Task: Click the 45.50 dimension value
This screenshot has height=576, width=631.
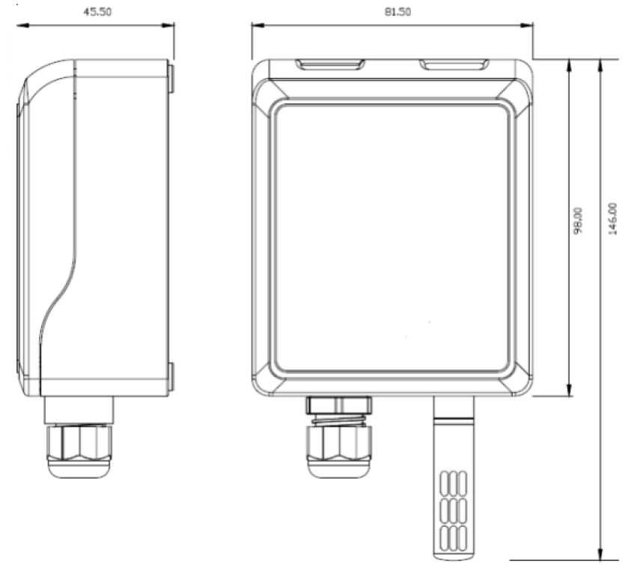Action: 97,12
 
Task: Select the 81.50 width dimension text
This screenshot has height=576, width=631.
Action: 397,12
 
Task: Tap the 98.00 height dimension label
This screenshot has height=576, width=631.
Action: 578,221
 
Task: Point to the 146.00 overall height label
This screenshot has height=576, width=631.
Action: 612,219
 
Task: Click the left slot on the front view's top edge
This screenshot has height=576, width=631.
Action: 330,64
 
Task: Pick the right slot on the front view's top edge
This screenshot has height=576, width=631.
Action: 454,64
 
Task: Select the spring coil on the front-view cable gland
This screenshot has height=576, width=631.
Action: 339,420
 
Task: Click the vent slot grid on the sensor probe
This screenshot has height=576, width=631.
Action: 454,511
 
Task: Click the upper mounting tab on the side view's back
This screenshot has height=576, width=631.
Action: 171,79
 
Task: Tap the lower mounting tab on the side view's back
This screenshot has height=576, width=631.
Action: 171,377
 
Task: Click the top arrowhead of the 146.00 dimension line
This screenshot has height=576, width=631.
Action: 600,67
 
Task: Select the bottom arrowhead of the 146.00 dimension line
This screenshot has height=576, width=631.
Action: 600,553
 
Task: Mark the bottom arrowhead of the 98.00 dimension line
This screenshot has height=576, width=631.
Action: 569,390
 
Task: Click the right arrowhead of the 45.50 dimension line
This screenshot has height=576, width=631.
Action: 168,25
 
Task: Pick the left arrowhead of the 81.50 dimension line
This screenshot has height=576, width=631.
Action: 258,25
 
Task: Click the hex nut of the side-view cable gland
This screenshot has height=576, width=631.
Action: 79,443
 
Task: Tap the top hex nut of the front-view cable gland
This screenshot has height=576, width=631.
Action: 339,405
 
